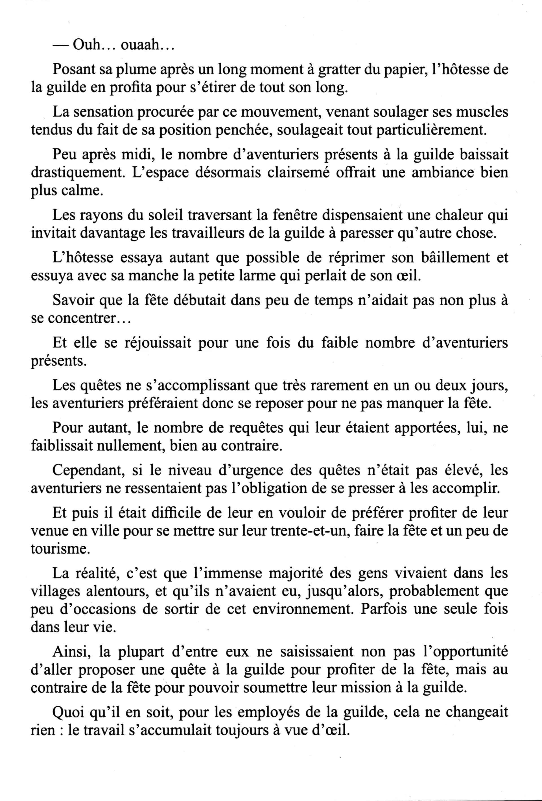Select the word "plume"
point(135,70)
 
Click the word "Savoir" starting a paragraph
point(73,300)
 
